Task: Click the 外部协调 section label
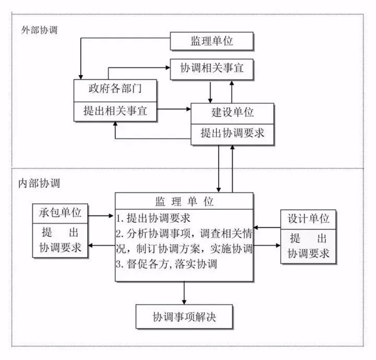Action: tap(39, 29)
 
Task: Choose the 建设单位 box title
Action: tap(232, 114)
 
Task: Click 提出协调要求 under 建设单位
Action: tap(232, 133)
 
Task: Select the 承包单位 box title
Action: tap(61, 213)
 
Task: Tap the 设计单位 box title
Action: tap(308, 219)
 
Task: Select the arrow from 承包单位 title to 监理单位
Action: tap(102, 215)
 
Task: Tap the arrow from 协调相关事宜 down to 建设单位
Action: tap(212, 92)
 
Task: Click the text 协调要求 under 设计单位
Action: tap(308, 254)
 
